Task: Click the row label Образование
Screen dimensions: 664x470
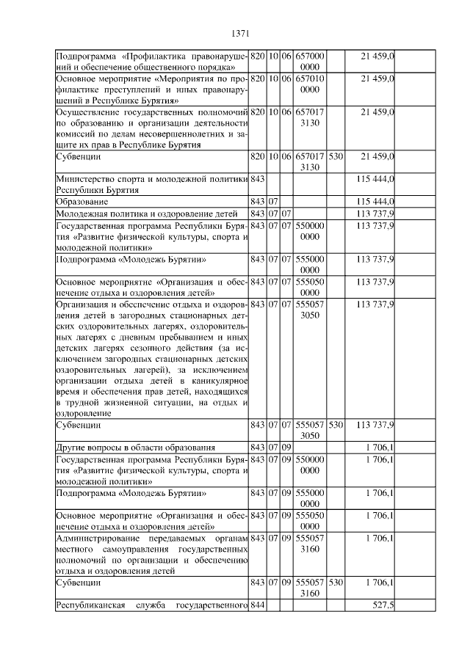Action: coord(82,201)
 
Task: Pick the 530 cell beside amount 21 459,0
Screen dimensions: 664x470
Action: coord(336,156)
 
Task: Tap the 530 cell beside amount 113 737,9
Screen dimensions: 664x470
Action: coord(336,425)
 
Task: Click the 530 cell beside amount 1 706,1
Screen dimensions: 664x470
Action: coord(336,583)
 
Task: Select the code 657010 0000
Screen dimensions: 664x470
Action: coord(310,83)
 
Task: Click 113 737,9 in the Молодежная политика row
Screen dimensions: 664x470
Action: coord(375,213)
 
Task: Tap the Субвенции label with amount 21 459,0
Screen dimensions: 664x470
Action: coord(79,156)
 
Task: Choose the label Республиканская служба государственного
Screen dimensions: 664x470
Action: coord(151,605)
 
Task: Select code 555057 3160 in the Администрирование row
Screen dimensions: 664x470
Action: coord(310,544)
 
